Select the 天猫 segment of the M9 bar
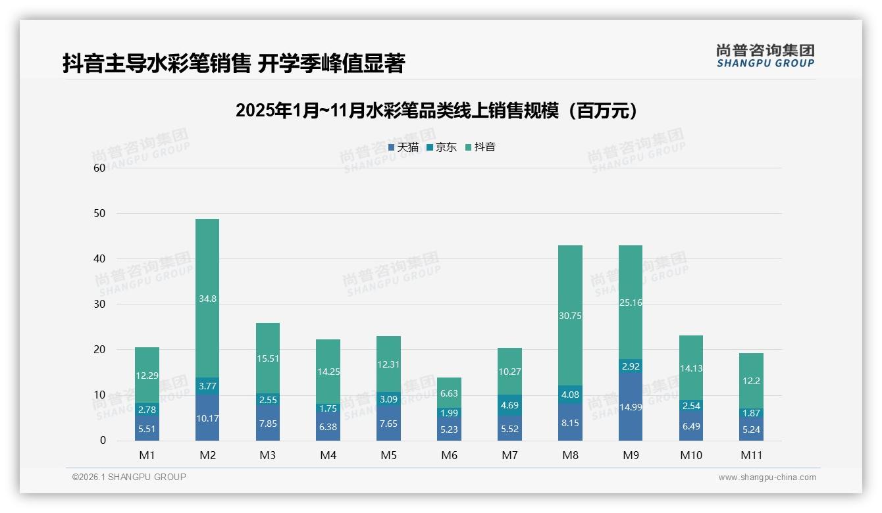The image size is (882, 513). [x=631, y=406]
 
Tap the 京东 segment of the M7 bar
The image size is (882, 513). [x=510, y=405]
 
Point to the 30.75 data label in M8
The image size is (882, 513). [x=571, y=316]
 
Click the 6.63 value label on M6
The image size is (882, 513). [x=450, y=393]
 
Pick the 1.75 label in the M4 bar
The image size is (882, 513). [x=328, y=408]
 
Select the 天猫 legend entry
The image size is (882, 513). [x=403, y=147]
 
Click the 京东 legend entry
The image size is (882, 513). [x=442, y=147]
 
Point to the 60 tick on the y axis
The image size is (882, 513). [x=99, y=168]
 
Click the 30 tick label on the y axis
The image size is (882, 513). [x=99, y=305]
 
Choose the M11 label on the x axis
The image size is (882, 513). [x=751, y=455]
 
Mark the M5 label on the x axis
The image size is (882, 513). [x=389, y=455]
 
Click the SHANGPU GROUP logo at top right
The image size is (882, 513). [x=765, y=56]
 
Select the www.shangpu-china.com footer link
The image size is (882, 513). [x=767, y=477]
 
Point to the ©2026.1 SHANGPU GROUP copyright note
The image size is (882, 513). [x=129, y=477]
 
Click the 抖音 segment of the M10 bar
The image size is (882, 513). [x=691, y=368]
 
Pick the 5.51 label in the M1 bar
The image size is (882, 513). [x=147, y=428]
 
